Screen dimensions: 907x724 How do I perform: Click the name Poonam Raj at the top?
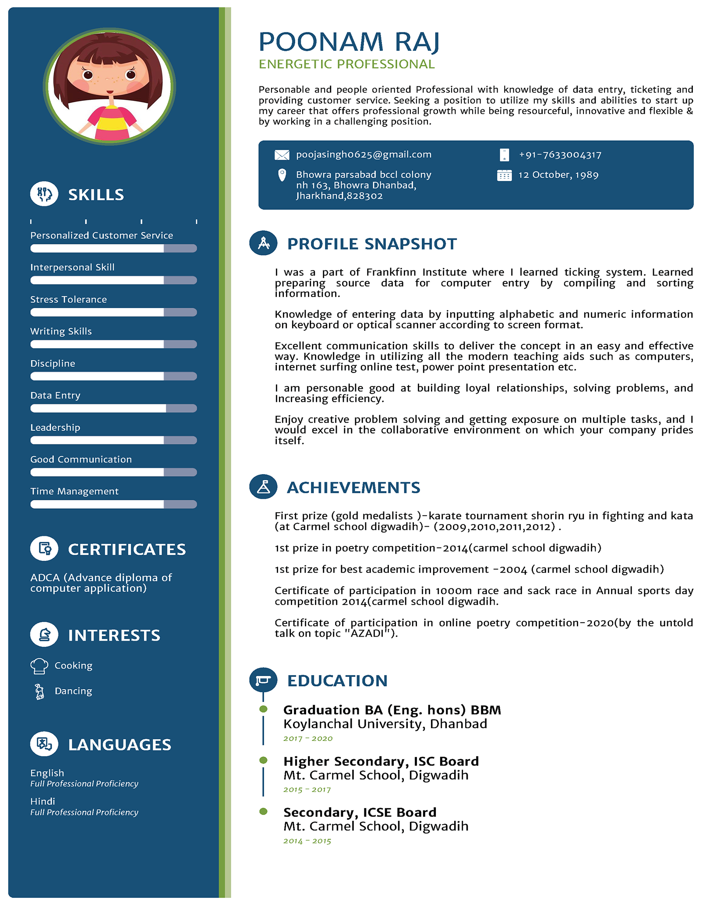point(349,42)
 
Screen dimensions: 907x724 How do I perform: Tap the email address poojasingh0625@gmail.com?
point(364,155)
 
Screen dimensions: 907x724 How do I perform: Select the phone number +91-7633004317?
point(560,155)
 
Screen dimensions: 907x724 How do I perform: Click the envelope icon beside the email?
point(282,155)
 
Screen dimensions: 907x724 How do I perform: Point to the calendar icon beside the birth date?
point(504,175)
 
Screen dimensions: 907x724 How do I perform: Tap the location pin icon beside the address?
point(282,175)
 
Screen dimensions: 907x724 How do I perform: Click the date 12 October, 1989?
point(558,175)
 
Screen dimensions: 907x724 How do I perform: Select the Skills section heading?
point(96,195)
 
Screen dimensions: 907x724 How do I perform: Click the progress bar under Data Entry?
point(113,408)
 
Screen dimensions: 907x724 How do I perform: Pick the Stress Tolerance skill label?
point(68,300)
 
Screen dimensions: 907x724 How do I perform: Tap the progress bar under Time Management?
point(113,504)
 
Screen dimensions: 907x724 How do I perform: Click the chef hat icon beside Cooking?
point(39,666)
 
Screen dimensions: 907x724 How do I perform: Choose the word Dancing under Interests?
point(73,691)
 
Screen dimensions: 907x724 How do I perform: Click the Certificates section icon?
point(44,549)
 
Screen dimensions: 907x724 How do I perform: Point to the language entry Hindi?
point(42,801)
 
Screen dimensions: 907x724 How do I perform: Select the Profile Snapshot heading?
point(372,244)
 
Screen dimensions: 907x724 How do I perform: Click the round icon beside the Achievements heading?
point(263,487)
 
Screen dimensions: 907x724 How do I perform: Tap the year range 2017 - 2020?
point(308,738)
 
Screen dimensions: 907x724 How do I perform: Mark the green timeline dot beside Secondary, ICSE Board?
point(263,811)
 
